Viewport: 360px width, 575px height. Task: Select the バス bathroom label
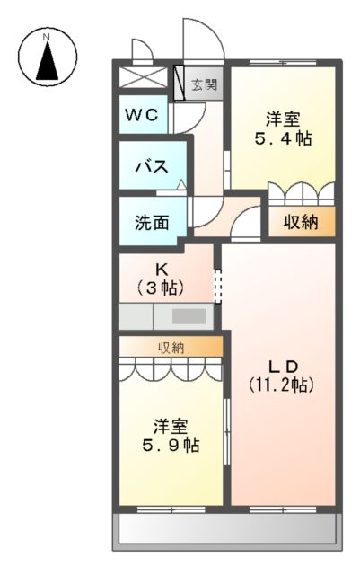(150, 166)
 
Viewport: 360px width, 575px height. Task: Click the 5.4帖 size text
(282, 140)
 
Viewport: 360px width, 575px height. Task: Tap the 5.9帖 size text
(171, 445)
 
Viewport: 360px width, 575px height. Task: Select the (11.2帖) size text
(281, 385)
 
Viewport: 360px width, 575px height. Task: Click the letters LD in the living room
(281, 364)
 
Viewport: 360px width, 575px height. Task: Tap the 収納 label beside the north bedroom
(301, 223)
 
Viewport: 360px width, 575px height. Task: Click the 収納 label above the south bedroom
(171, 347)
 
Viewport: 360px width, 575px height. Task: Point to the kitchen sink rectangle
(189, 316)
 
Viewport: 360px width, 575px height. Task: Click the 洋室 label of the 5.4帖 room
(282, 119)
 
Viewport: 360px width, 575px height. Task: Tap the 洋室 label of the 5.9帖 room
(171, 423)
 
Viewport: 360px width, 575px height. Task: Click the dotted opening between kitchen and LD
(217, 286)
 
